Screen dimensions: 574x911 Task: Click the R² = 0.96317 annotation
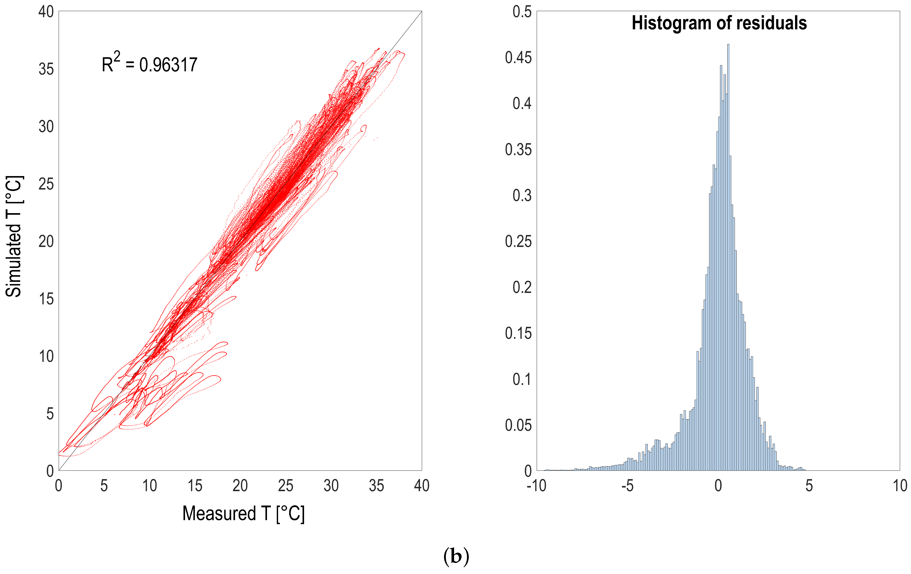click(x=149, y=64)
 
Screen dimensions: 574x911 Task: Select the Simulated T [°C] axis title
click(x=14, y=236)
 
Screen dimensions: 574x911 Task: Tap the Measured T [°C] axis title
click(x=243, y=513)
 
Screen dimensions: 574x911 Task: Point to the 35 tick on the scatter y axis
click(x=46, y=69)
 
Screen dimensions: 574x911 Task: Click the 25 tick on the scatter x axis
click(x=285, y=485)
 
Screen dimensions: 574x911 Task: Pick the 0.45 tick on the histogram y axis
click(x=518, y=58)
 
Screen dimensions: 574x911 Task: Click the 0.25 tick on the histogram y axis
click(x=518, y=241)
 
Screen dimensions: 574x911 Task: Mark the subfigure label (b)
click(x=456, y=556)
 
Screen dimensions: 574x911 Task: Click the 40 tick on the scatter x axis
click(x=421, y=485)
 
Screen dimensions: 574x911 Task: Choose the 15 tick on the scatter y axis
click(x=46, y=299)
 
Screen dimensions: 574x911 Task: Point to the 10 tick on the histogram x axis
click(x=900, y=485)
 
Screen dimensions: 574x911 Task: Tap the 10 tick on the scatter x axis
click(x=149, y=485)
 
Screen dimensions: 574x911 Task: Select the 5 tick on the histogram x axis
click(x=809, y=485)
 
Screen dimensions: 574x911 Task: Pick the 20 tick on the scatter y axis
click(x=46, y=241)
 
